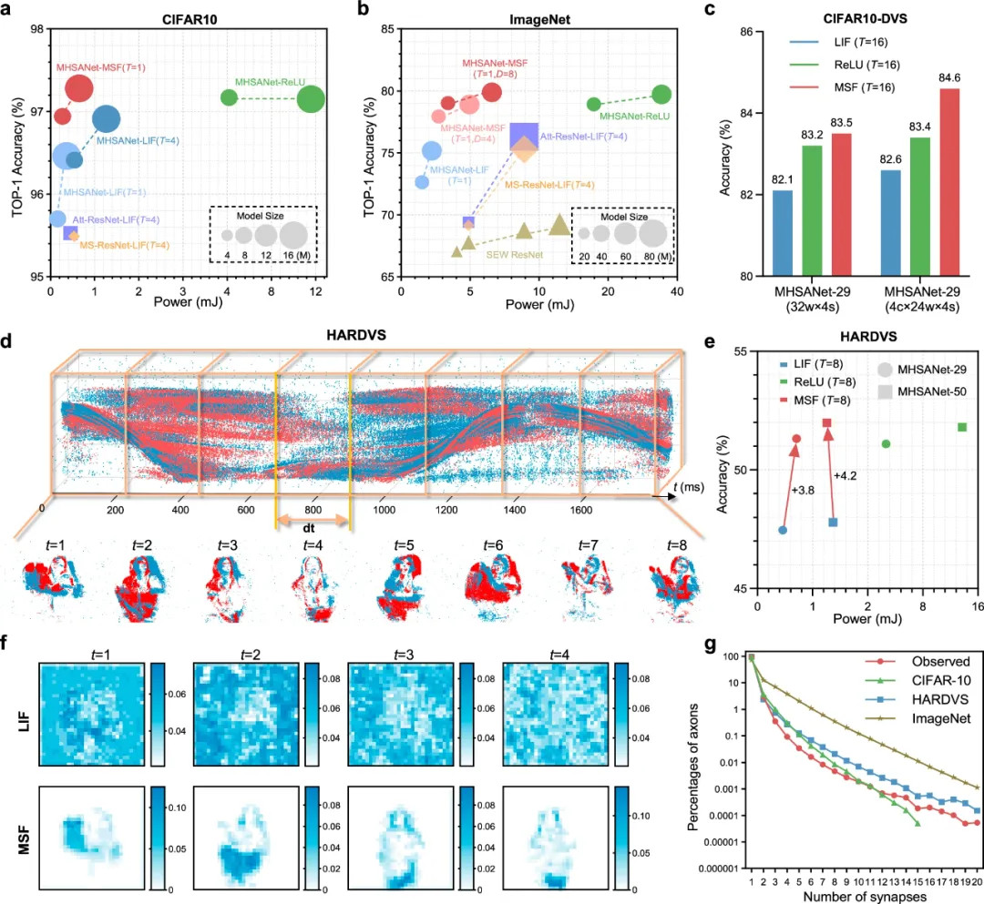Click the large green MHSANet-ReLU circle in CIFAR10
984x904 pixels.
click(313, 99)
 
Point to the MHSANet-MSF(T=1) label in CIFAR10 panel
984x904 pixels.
click(101, 67)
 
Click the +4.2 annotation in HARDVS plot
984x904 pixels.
click(846, 474)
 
